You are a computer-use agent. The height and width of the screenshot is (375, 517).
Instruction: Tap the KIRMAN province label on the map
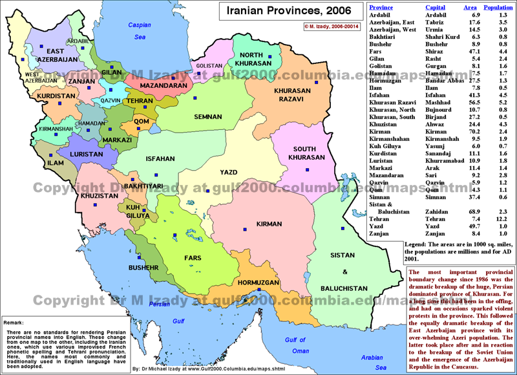268,224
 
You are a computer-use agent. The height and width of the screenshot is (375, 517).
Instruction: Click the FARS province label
193,257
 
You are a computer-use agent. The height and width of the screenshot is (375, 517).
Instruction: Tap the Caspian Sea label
138,31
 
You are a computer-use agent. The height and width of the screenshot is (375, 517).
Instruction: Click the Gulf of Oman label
295,345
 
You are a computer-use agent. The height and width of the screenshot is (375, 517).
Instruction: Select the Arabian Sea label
372,360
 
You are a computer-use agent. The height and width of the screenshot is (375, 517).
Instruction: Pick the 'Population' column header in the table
498,7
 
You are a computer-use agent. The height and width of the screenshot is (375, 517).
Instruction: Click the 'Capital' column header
435,7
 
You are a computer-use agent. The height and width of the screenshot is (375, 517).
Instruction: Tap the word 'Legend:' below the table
386,245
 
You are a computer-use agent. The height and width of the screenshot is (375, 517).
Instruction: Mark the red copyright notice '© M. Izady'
330,27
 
